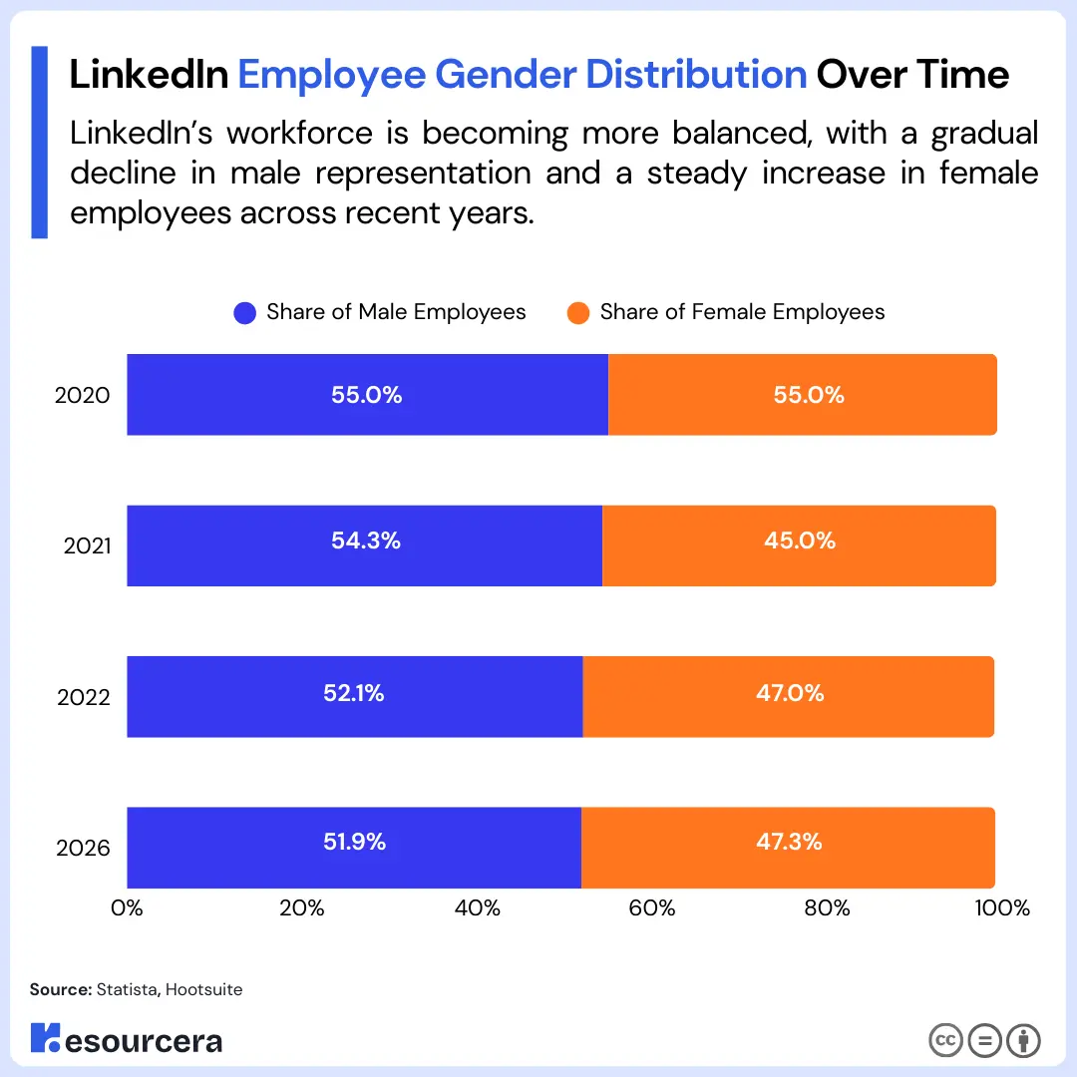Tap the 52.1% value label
pos(354,692)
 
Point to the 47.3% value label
pos(789,842)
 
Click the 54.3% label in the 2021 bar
pos(366,540)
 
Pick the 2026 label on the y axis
pos(83,849)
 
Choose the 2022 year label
pos(83,697)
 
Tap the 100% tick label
pos(1001,908)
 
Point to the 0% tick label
pos(127,908)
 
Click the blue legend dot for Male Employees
pos(245,313)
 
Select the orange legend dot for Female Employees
pos(578,313)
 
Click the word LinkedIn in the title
pos(149,75)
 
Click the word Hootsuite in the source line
pos(204,989)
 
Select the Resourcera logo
pos(127,1039)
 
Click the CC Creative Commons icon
pos(945,1040)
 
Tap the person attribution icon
pos(1023,1040)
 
